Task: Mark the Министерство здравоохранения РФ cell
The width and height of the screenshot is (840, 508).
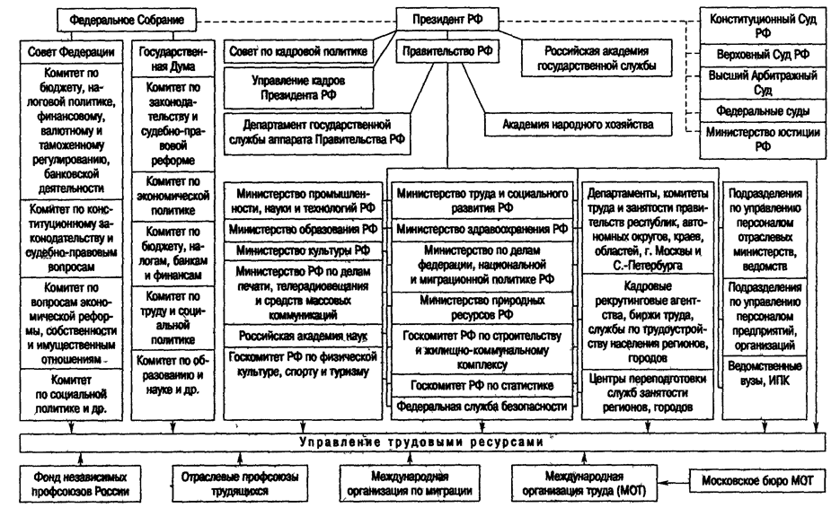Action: (x=482, y=229)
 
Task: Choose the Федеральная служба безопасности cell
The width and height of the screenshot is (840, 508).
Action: (x=482, y=406)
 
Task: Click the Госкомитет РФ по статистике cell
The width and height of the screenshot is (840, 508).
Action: (x=482, y=386)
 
